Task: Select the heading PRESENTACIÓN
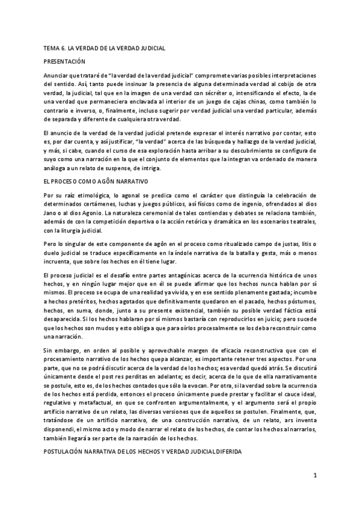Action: coord(65,62)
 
